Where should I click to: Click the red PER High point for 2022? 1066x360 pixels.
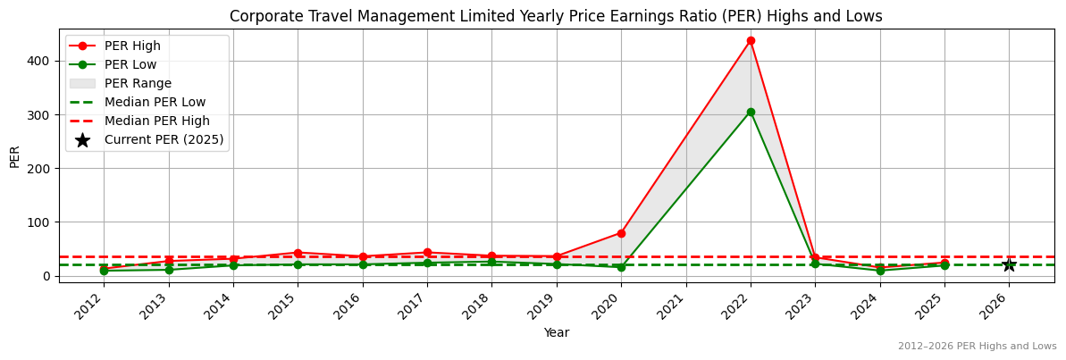(x=751, y=40)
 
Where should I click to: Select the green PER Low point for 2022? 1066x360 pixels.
(x=751, y=112)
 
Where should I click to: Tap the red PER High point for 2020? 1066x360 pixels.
(x=621, y=233)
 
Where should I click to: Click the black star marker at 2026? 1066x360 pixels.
(x=1009, y=264)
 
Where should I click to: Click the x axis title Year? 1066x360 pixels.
(x=557, y=332)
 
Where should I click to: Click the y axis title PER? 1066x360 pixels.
(x=14, y=155)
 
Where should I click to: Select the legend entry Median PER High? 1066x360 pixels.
(x=156, y=121)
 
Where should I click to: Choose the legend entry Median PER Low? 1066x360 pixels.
(x=155, y=102)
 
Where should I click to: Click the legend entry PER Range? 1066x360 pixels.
(x=138, y=83)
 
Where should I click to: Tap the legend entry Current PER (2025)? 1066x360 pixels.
(x=164, y=139)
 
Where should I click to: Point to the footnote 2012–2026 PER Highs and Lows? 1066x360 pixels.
(x=977, y=346)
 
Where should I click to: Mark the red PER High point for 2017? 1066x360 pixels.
(x=427, y=253)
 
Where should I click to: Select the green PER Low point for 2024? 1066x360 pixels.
(x=880, y=270)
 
